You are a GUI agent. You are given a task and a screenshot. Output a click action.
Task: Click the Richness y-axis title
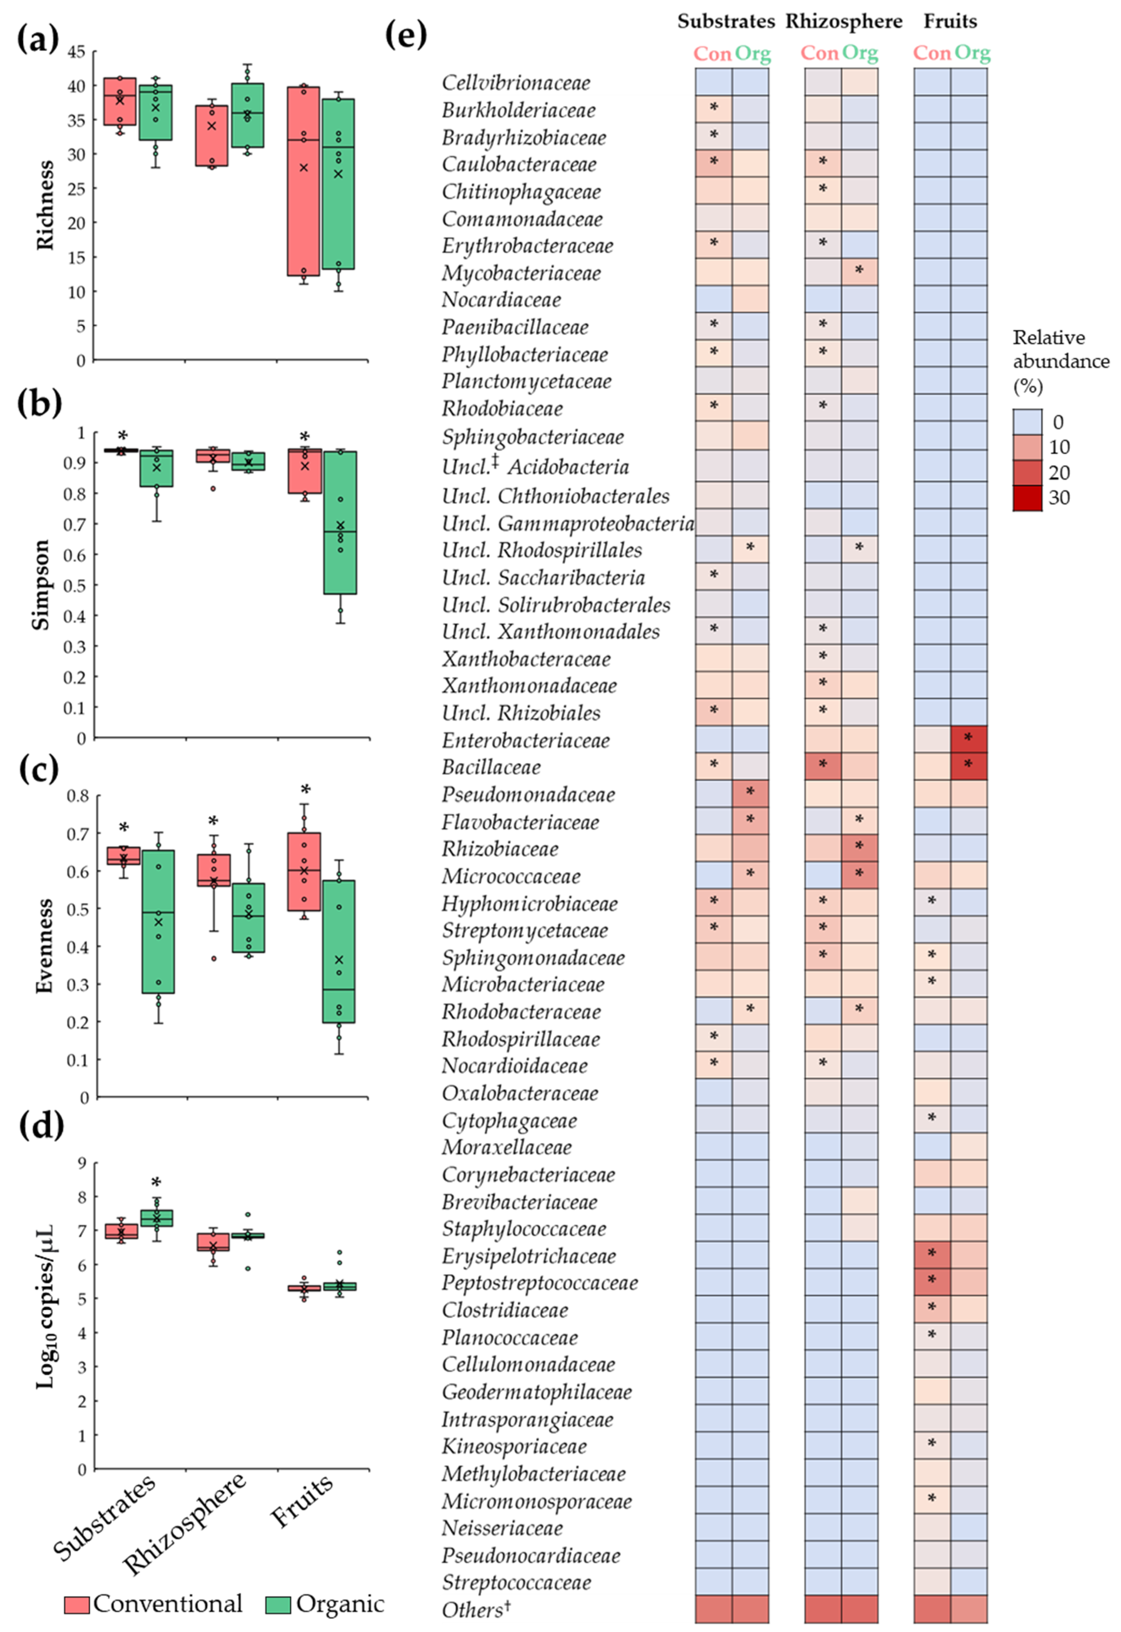(45, 205)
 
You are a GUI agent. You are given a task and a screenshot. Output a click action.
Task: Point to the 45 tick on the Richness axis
(76, 51)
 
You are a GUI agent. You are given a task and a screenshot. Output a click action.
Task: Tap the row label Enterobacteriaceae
(525, 740)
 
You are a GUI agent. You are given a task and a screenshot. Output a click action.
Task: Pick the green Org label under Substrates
(752, 53)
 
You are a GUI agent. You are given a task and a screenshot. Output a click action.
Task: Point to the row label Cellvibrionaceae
(515, 83)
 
